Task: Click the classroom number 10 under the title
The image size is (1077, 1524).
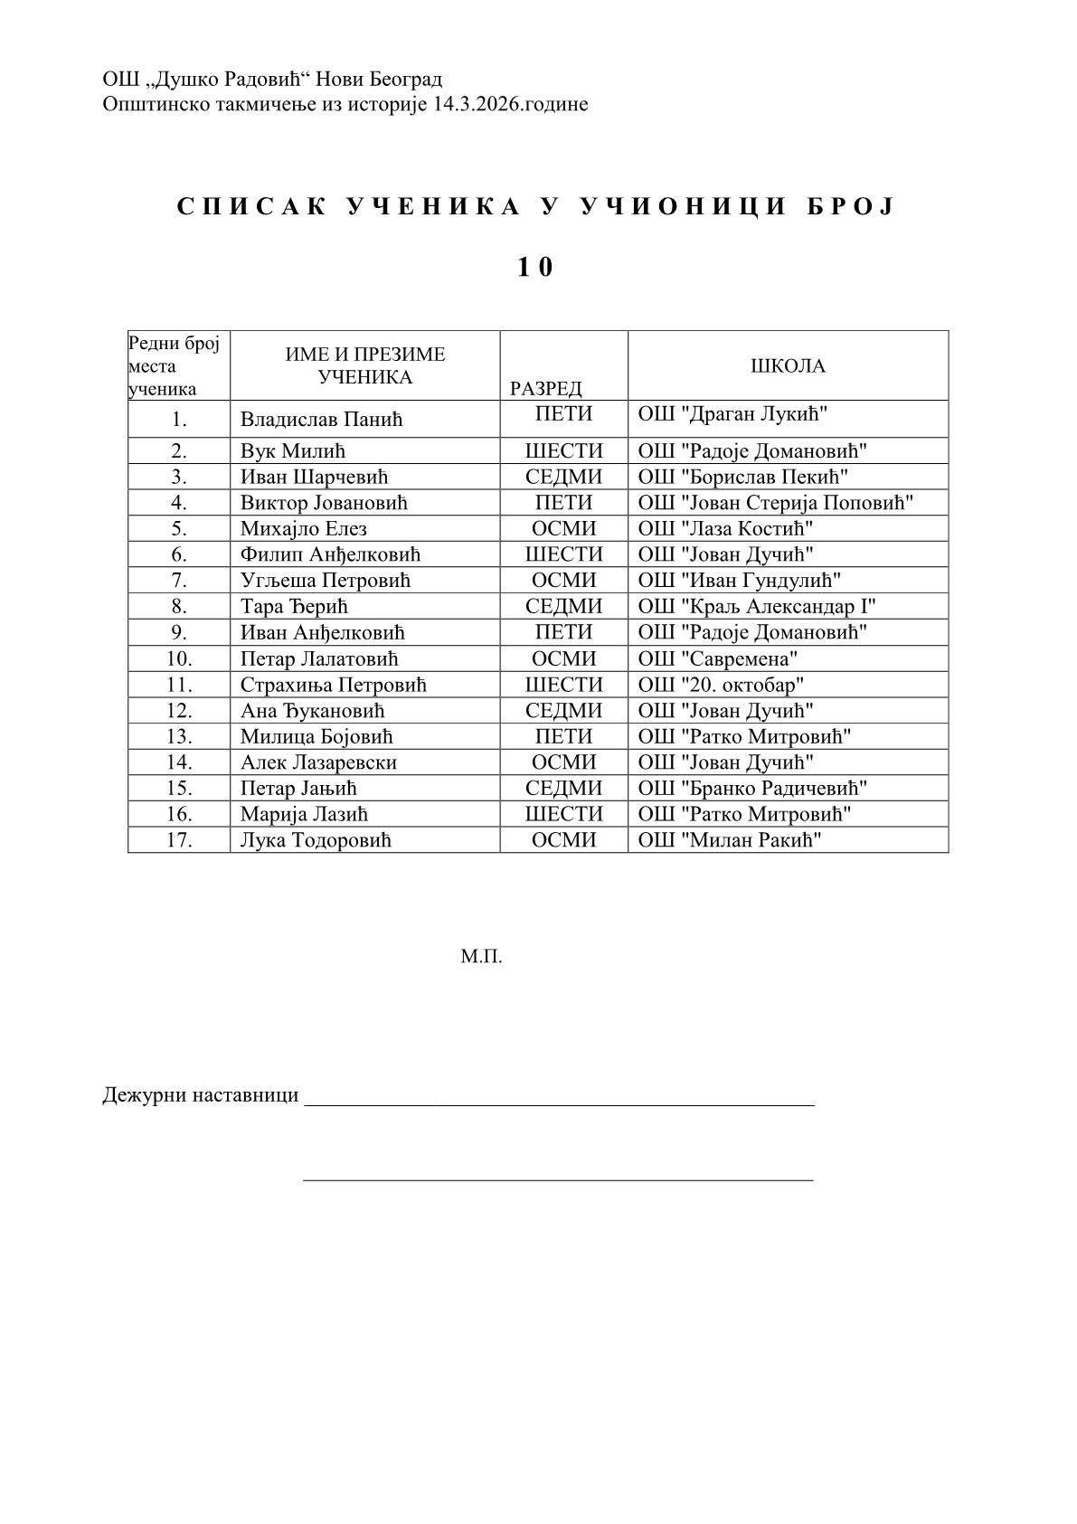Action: tap(535, 268)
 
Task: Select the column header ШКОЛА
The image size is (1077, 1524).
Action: tap(788, 366)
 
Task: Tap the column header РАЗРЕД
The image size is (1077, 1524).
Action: tap(546, 389)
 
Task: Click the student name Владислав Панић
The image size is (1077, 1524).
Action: tap(321, 420)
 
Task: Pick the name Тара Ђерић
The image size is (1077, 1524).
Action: tap(294, 606)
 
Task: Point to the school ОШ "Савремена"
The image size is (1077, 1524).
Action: tap(718, 658)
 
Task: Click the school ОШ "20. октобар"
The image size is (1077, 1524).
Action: tap(721, 685)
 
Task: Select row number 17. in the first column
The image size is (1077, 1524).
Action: tap(179, 840)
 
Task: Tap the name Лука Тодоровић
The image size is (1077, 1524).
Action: tap(316, 840)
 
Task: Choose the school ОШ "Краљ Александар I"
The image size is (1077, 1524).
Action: tap(757, 606)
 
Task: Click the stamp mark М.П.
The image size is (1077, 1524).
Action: tap(481, 956)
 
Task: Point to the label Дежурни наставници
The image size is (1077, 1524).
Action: tap(201, 1095)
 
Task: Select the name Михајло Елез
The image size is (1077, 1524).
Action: tap(304, 528)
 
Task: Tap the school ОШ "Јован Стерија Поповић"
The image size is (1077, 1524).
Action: tap(776, 502)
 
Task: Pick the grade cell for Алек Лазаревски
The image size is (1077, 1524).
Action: tap(563, 762)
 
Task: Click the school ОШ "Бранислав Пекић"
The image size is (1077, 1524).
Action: tap(742, 477)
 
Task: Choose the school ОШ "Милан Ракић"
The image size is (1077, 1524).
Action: tap(730, 840)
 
